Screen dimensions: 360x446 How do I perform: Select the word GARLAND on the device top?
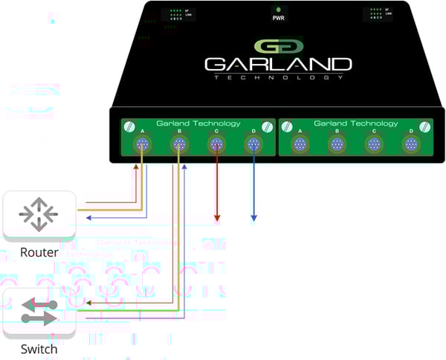277,65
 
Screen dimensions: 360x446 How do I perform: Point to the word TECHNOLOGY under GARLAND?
277,77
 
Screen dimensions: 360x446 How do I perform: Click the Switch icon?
39,311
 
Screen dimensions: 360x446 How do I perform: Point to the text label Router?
39,253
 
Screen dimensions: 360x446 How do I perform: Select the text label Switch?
39,349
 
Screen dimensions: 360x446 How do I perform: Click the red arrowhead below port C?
216,218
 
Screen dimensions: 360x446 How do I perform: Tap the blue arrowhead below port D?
253,218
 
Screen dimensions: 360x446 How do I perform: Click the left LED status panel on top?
179,13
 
